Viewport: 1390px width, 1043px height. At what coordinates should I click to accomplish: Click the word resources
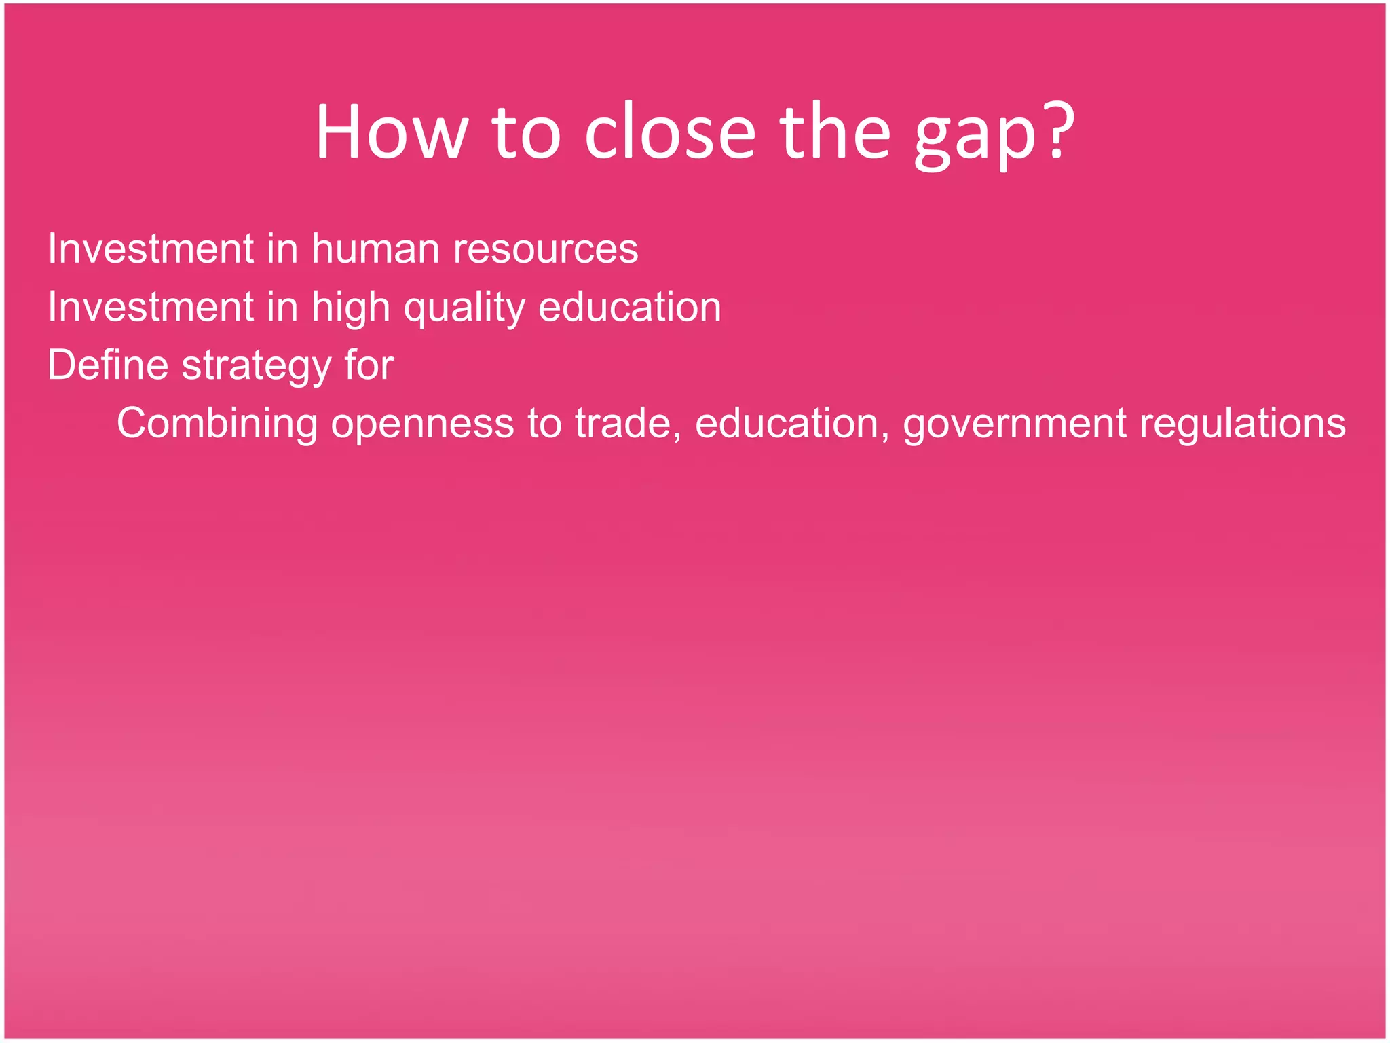tap(546, 249)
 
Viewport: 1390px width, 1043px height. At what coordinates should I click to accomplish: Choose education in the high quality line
tap(630, 307)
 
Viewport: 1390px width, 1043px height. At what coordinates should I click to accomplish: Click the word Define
tap(108, 365)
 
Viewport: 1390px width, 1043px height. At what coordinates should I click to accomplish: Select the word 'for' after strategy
tap(369, 365)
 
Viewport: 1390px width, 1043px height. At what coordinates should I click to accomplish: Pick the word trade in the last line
tap(627, 424)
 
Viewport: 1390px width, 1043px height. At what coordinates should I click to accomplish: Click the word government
tap(1015, 424)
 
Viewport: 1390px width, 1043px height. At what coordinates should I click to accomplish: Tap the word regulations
tap(1243, 424)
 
